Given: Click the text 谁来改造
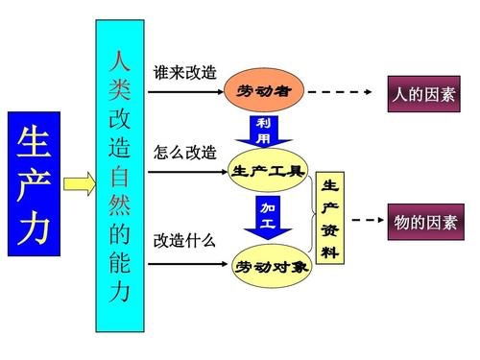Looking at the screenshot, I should tap(184, 73).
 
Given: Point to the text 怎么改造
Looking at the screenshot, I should tap(184, 153).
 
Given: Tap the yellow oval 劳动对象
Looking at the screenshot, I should tap(272, 265).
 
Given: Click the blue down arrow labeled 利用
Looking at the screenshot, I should tap(263, 131).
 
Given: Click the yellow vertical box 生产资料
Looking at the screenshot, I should tap(329, 219).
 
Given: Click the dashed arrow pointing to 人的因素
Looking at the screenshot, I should tap(340, 92).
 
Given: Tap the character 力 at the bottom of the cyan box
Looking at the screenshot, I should tap(119, 288).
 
